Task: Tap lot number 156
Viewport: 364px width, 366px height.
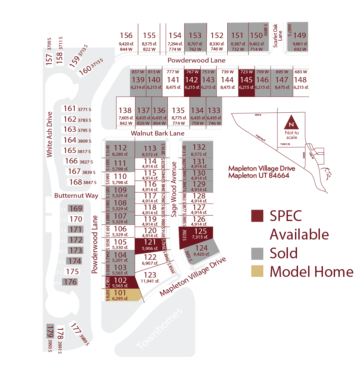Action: pos(126,36)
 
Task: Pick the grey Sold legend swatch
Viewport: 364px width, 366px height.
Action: pos(257,253)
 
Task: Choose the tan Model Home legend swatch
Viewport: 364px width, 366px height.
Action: pos(257,271)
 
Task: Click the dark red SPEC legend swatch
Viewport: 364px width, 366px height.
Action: pos(257,216)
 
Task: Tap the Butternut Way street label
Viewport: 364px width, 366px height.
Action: pos(76,196)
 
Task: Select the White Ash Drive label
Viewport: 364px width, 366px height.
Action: pos(50,134)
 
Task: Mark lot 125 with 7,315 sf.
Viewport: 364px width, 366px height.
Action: pos(200,233)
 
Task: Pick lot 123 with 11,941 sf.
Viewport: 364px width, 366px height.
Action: pos(150,277)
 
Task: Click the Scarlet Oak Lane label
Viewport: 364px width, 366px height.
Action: pos(277,36)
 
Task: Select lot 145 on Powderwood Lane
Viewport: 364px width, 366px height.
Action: pos(246,82)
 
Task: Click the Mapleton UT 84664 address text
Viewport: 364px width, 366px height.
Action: pos(259,176)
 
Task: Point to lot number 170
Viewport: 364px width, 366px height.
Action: pos(75,219)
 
